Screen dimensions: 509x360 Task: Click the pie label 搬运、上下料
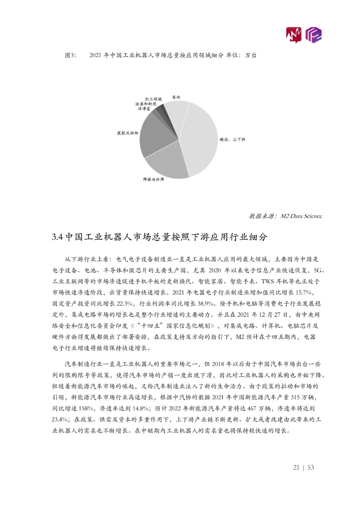pos(232,139)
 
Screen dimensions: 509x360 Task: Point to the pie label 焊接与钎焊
pos(153,179)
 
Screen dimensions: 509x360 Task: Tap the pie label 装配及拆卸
pos(127,133)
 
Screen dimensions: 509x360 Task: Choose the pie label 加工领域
pos(153,99)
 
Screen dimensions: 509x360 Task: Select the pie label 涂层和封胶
pos(146,104)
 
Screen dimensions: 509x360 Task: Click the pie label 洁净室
pos(144,109)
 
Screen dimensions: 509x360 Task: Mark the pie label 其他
pos(176,97)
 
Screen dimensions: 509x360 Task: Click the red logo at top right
pos(293,35)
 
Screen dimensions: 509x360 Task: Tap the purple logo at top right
pos(314,35)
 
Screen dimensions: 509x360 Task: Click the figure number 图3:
pos(70,55)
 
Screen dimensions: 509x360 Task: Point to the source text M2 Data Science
pos(301,216)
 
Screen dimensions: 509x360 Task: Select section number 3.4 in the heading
pos(57,237)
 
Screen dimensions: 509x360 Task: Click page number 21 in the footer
pos(296,467)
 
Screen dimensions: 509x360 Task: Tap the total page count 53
pos(311,467)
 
